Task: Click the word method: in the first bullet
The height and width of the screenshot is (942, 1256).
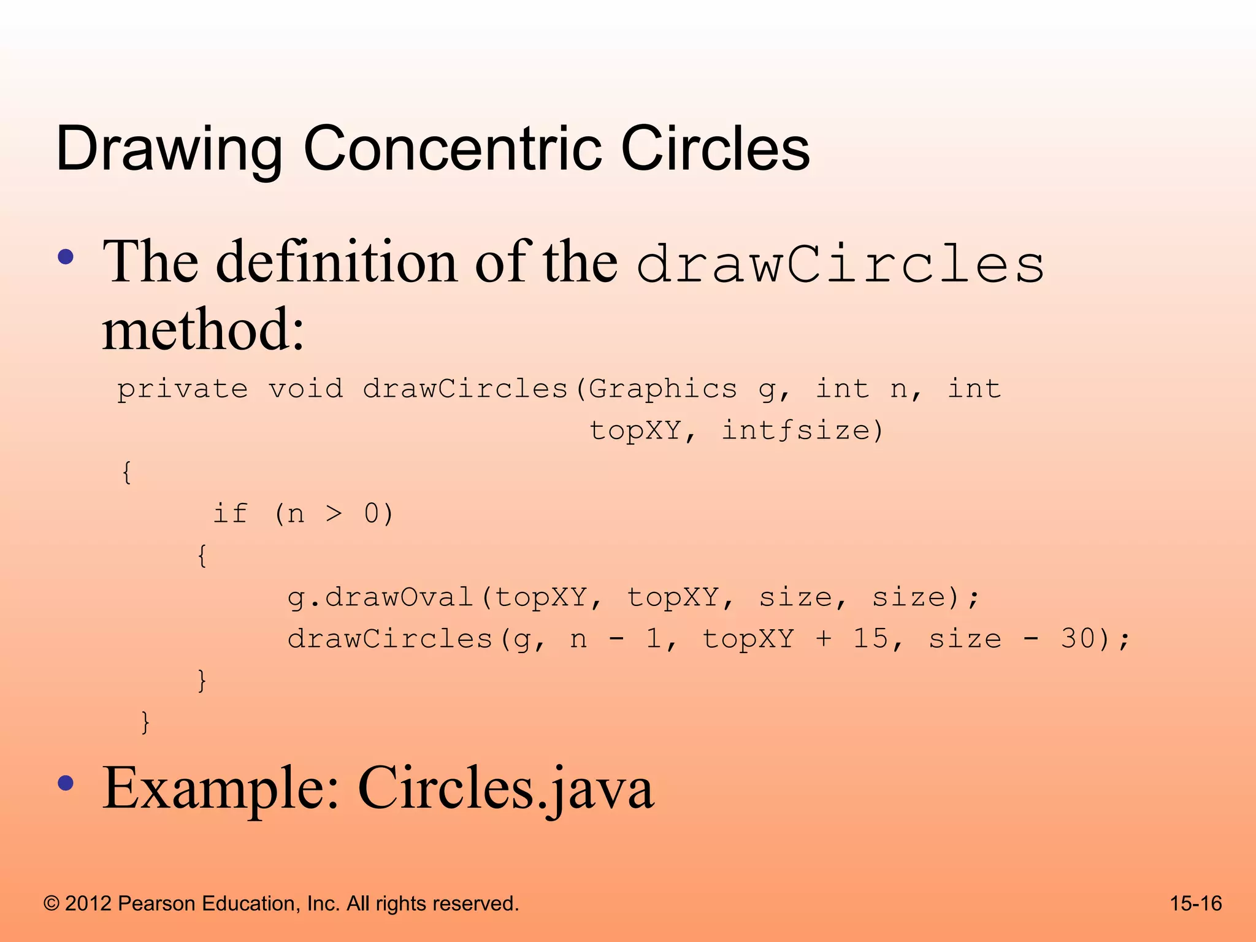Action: tap(203, 330)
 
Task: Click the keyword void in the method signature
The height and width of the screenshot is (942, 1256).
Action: tap(305, 389)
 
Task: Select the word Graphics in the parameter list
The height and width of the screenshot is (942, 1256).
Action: tap(662, 389)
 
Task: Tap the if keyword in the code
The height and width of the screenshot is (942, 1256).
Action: tap(230, 513)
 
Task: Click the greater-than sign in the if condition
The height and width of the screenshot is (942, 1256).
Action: tap(333, 513)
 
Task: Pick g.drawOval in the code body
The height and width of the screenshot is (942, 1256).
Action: tap(380, 597)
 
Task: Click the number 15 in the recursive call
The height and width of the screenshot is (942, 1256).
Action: tap(871, 639)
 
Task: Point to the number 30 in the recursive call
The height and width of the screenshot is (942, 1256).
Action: tap(1079, 639)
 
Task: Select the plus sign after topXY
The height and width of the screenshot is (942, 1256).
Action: tap(824, 639)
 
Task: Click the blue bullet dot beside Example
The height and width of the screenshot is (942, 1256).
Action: tap(66, 783)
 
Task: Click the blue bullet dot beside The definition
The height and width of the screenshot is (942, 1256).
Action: tap(66, 257)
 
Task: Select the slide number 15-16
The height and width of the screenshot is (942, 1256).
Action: tap(1195, 903)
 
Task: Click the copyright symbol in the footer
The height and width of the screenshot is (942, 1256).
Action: tap(52, 903)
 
